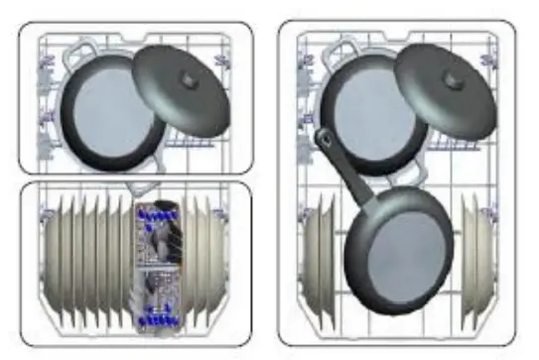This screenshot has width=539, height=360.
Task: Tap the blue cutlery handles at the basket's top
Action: pyautogui.click(x=156, y=213)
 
